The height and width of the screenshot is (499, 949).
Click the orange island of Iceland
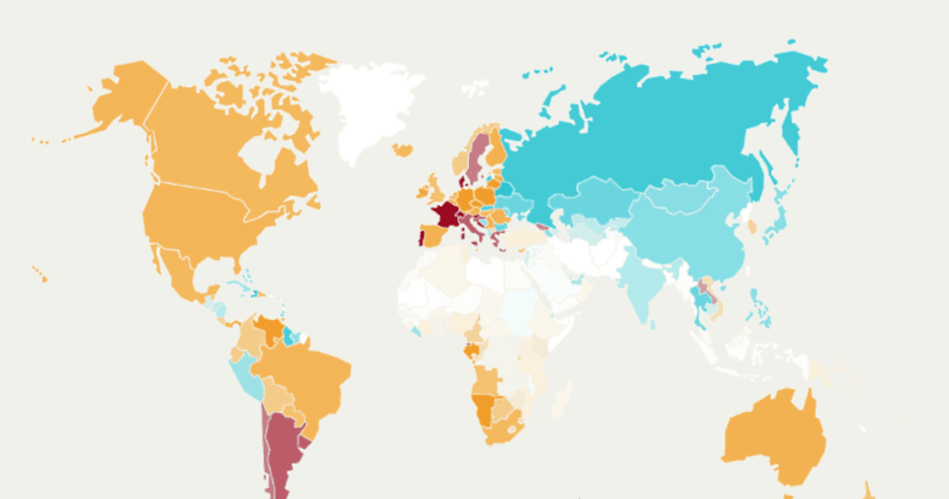pos(402,149)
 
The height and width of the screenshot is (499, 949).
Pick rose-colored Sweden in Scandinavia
pos(478,158)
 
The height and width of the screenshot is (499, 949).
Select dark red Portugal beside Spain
pos(420,233)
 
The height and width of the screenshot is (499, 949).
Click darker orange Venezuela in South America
pos(272,329)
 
